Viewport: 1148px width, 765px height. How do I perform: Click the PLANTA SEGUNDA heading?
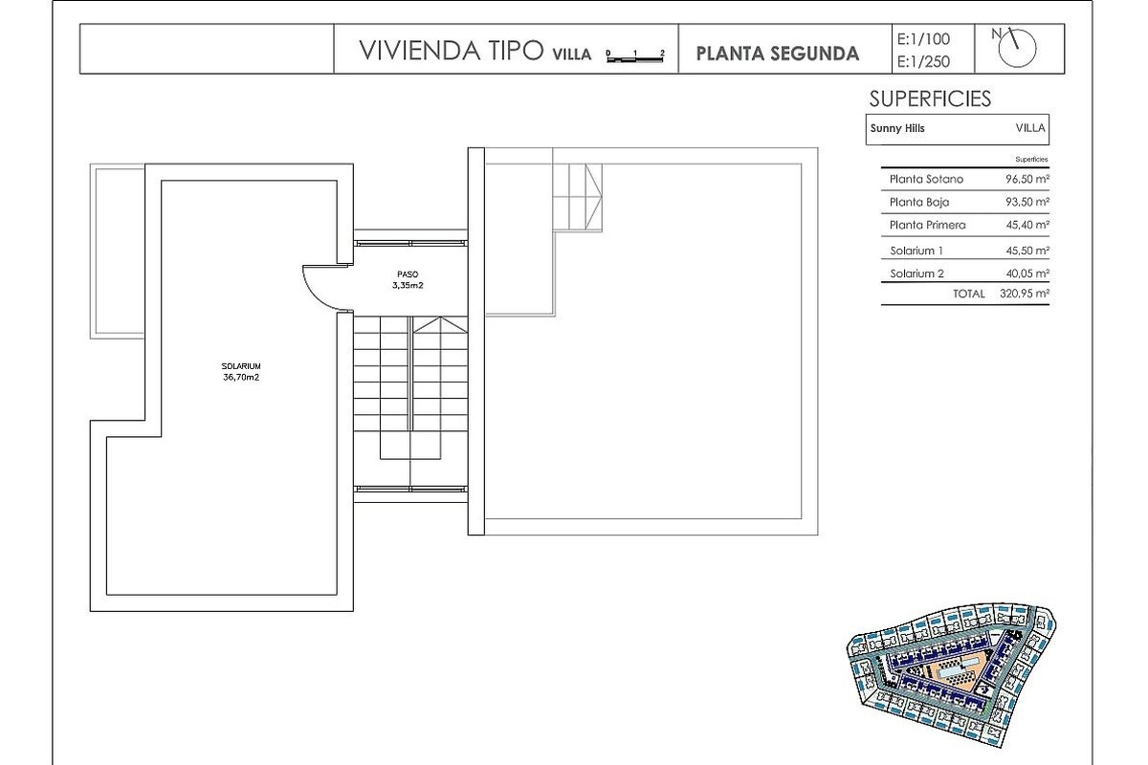777,54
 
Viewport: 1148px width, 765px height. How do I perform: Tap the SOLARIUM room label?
241,366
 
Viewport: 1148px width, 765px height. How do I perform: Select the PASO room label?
408,274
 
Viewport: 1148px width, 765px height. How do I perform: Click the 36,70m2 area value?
241,378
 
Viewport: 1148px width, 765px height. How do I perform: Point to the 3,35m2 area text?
408,285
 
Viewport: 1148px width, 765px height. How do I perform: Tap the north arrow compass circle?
1017,49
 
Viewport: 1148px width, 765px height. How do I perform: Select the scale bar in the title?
635,58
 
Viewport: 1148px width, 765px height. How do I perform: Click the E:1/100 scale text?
923,39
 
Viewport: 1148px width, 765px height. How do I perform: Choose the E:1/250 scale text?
923,61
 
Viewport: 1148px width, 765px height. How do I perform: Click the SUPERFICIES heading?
930,98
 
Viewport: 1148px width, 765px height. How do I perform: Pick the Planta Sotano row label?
926,180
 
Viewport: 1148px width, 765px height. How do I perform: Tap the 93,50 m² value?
1027,202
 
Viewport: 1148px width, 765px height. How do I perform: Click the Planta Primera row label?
928,225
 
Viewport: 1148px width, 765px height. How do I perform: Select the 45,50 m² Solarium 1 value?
1027,251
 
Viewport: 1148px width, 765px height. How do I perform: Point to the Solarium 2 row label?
916,273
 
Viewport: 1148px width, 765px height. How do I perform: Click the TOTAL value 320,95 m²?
1024,294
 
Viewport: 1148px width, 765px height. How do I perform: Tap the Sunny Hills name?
897,128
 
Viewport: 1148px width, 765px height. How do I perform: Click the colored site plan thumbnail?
951,675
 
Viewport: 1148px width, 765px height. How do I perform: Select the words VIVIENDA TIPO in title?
451,51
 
